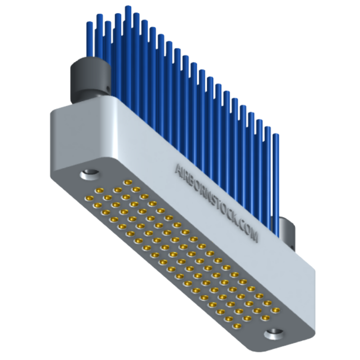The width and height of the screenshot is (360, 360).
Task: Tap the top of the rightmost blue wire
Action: pyautogui.click(x=276, y=135)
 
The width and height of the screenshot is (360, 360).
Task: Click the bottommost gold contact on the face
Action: pyautogui.click(x=237, y=325)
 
